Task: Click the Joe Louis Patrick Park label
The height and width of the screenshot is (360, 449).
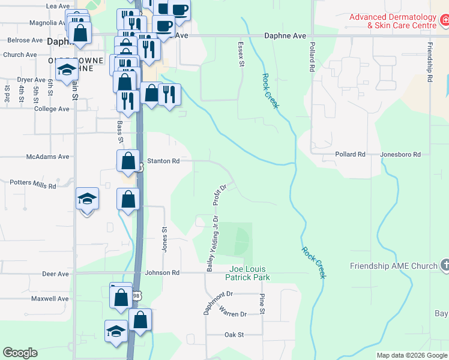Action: [247, 274]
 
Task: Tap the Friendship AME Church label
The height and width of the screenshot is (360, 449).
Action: [394, 266]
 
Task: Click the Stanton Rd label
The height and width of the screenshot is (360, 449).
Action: [164, 161]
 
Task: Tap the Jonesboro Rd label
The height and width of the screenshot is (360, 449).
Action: [400, 154]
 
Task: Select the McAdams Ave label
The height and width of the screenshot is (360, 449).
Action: [48, 157]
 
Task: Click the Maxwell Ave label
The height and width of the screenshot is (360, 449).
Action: [50, 298]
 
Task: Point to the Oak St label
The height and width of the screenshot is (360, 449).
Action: [234, 335]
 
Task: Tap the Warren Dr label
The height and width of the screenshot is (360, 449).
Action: [233, 313]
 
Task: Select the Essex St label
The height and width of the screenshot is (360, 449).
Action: [241, 54]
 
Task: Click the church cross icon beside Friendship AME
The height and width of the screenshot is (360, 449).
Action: [445, 265]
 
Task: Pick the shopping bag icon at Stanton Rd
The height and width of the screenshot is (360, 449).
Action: [128, 161]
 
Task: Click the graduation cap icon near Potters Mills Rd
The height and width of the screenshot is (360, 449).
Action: [87, 199]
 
